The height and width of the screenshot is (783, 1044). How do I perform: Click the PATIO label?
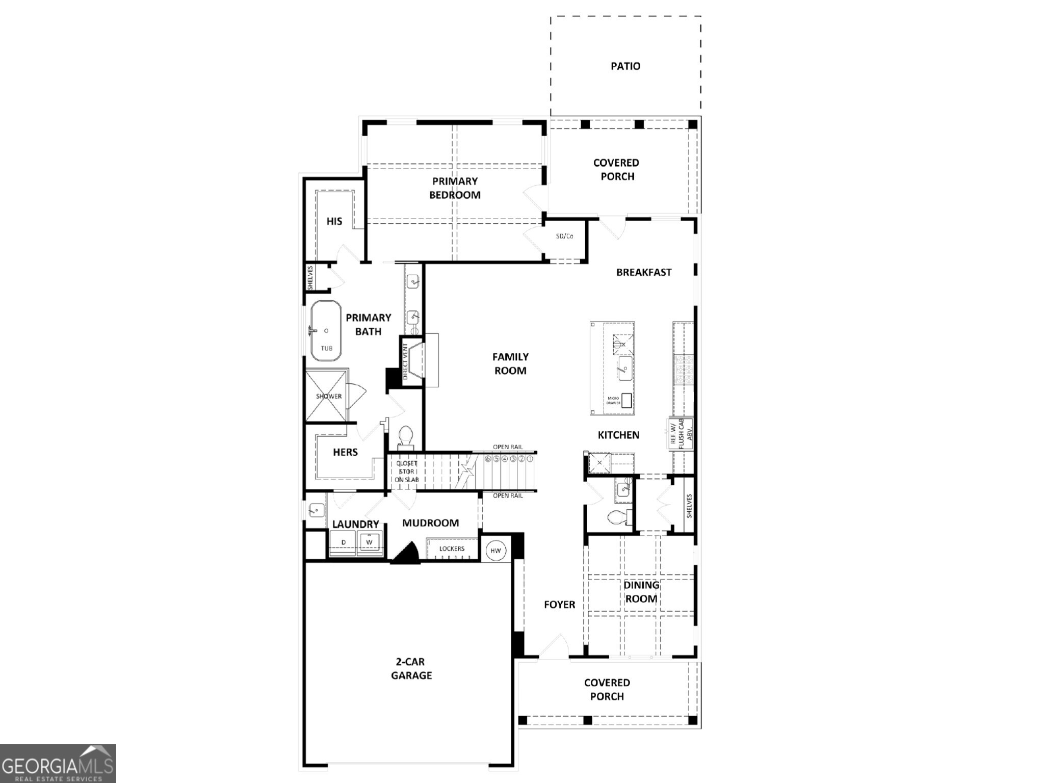625,66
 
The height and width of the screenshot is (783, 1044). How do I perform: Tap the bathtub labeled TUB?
326,331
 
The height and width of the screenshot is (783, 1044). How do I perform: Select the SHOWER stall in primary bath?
327,396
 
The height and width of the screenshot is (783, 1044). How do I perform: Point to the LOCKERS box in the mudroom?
452,549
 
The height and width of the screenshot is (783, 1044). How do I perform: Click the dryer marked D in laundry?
343,542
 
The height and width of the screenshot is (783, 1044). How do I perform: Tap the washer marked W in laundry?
370,542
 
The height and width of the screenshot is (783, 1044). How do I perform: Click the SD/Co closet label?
564,237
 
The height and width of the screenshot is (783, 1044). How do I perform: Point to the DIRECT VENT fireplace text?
406,361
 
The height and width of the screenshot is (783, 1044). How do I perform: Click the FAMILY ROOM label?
510,363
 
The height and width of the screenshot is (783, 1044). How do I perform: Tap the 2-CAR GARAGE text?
411,668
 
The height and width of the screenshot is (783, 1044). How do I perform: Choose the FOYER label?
559,605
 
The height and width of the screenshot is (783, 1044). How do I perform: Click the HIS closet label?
334,221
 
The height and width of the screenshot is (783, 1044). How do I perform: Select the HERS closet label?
345,452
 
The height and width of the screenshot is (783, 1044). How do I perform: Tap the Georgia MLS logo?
58,763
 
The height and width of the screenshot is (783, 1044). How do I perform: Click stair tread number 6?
488,459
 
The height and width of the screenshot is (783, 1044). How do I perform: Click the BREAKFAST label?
644,272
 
